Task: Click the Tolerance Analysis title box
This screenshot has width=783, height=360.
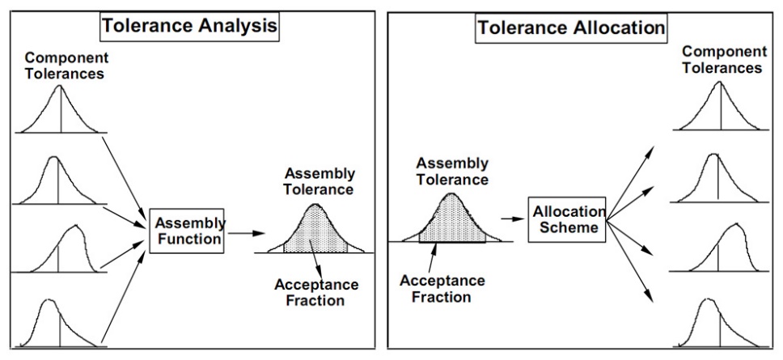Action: coord(189,25)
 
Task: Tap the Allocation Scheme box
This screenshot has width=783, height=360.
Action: coord(566,218)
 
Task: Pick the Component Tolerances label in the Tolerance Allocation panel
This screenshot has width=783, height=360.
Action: coord(722,60)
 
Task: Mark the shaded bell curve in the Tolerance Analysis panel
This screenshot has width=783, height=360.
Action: coord(315,231)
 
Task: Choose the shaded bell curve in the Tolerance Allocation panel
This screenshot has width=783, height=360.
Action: coord(451,220)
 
